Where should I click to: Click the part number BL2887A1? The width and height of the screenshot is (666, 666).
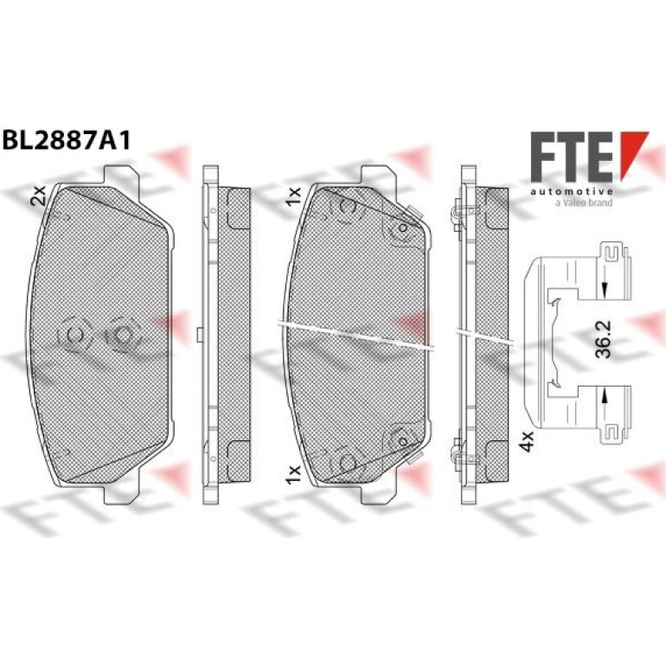pyautogui.click(x=67, y=141)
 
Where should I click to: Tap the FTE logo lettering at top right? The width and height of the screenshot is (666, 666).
pyautogui.click(x=572, y=157)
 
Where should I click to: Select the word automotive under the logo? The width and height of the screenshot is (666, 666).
pyautogui.click(x=571, y=192)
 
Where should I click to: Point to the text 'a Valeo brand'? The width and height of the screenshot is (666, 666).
pyautogui.click(x=584, y=203)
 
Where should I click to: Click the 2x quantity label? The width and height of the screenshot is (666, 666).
pyautogui.click(x=38, y=195)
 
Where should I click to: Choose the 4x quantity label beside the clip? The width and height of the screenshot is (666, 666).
pyautogui.click(x=527, y=442)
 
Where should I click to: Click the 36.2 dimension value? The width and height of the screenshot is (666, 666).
pyautogui.click(x=603, y=339)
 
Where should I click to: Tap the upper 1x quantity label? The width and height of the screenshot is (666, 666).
pyautogui.click(x=293, y=196)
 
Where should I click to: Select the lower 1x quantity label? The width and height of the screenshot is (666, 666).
pyautogui.click(x=293, y=475)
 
